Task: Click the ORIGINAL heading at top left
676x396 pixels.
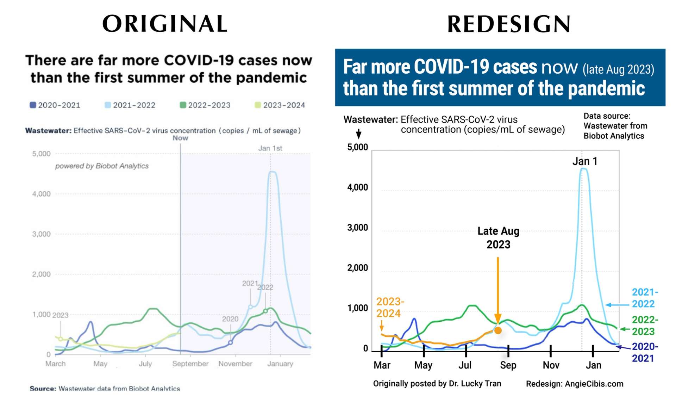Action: pyautogui.click(x=165, y=24)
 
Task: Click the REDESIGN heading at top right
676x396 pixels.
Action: pyautogui.click(x=509, y=24)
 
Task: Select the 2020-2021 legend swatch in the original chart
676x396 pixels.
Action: pyautogui.click(x=33, y=105)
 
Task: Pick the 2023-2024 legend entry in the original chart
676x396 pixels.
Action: pyautogui.click(x=280, y=105)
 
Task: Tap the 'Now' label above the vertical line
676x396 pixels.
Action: pyautogui.click(x=180, y=138)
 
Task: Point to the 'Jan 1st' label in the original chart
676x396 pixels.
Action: pyautogui.click(x=270, y=148)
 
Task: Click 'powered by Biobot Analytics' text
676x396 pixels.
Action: pyautogui.click(x=102, y=166)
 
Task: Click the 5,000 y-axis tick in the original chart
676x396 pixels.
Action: pyautogui.click(x=41, y=154)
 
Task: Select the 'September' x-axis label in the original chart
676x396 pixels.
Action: pyautogui.click(x=190, y=364)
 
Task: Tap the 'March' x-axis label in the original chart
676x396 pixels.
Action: pyautogui.click(x=55, y=364)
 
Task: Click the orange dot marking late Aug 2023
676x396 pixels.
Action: pyautogui.click(x=498, y=330)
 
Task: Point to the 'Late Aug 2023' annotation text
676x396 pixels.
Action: pyautogui.click(x=498, y=238)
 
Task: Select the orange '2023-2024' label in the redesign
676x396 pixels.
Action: pyautogui.click(x=390, y=307)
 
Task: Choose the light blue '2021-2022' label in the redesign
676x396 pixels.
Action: pyautogui.click(x=644, y=298)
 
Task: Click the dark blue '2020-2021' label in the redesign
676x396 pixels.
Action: pyautogui.click(x=644, y=352)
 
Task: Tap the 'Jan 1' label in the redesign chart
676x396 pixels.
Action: pyautogui.click(x=585, y=161)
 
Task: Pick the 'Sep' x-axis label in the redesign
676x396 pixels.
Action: pyautogui.click(x=508, y=365)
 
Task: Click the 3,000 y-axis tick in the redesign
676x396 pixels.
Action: pyautogui.click(x=357, y=228)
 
